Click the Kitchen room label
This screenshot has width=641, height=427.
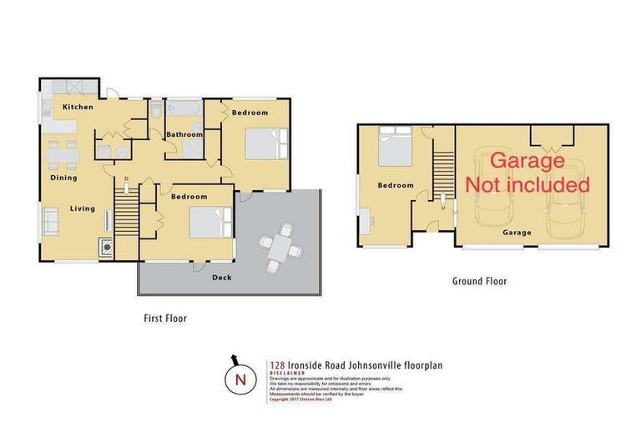click(78, 108)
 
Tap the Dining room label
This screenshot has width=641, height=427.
click(63, 178)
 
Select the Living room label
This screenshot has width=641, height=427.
click(82, 208)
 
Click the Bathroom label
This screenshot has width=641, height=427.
click(184, 134)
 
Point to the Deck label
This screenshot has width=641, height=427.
click(221, 277)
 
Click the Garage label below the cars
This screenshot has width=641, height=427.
click(517, 234)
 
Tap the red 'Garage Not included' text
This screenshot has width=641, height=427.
click(527, 172)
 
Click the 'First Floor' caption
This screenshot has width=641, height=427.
click(164, 318)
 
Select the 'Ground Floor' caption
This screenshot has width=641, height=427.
click(479, 281)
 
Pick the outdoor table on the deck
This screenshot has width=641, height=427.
click(275, 247)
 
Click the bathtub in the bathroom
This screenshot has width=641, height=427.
click(179, 109)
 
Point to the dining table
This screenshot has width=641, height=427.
click(61, 154)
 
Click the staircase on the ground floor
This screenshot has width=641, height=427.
click(442, 163)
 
